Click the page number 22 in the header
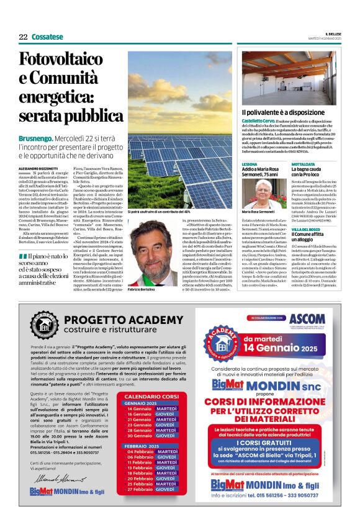point(23,37)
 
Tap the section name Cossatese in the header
point(47,37)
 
